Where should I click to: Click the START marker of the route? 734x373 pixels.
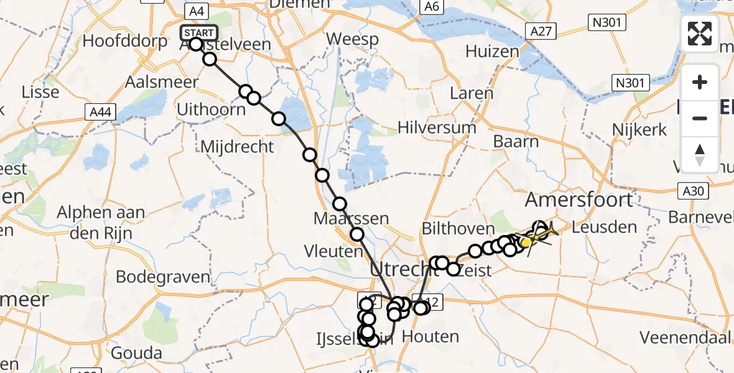(x=198, y=33)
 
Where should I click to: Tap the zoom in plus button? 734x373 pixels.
(x=700, y=83)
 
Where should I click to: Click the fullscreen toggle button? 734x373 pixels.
(x=700, y=34)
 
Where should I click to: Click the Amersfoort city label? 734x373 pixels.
(x=578, y=200)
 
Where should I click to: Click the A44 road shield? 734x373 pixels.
(x=100, y=112)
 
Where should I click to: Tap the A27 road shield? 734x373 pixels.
(x=539, y=30)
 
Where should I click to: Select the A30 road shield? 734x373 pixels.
(x=692, y=191)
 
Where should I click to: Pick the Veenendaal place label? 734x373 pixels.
(x=688, y=338)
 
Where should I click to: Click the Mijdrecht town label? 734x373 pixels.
(x=237, y=147)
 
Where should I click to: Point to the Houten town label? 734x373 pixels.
(x=430, y=337)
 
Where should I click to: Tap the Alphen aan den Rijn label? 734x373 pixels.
(x=101, y=220)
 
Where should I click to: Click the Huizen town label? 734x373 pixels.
(x=492, y=51)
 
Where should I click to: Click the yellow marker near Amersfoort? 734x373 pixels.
(x=526, y=242)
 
